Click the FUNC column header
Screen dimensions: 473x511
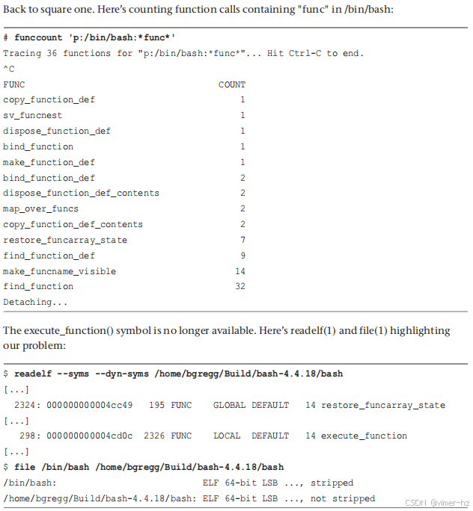pos(13,84)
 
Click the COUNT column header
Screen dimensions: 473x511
pos(231,84)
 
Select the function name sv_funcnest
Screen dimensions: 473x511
pos(32,115)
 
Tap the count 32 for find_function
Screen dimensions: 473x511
pos(239,286)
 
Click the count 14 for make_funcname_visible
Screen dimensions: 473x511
pos(239,271)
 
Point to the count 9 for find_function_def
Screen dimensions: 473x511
pos(242,255)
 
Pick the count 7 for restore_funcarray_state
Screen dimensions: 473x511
pos(242,240)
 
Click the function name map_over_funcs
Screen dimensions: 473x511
pos(40,208)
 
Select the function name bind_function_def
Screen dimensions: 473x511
pos(49,178)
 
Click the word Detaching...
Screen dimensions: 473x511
pos(28,302)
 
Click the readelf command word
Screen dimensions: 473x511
pos(32,374)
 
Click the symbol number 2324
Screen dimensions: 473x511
pos(26,405)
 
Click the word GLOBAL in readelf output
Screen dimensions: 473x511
pos(228,405)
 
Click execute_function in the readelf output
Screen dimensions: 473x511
pos(364,436)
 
